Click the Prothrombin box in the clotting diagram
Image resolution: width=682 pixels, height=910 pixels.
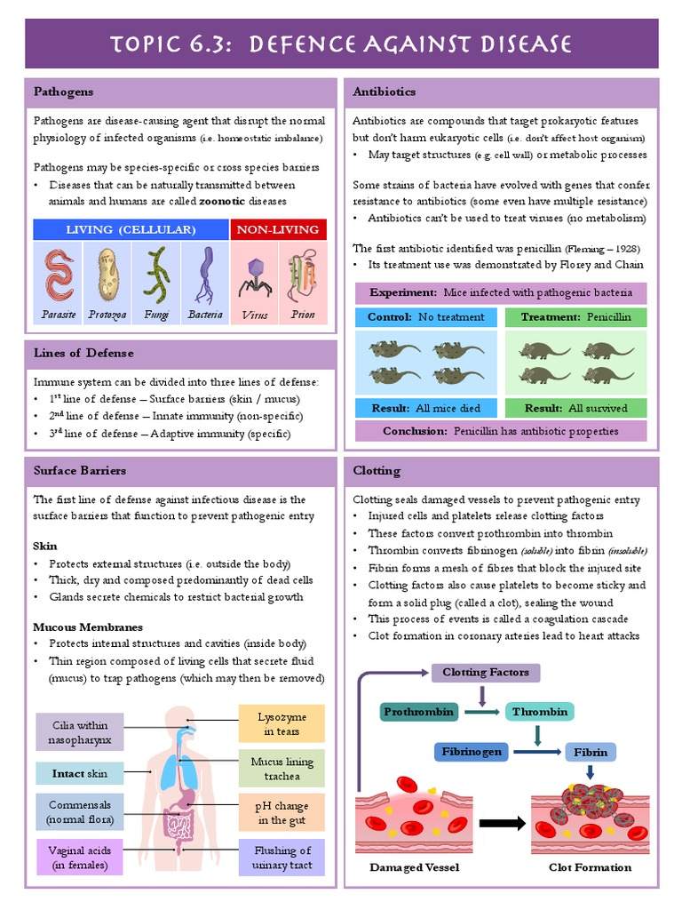[x=419, y=712]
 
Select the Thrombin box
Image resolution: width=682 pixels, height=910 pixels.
[x=539, y=712]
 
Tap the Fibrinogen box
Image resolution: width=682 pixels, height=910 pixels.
[x=472, y=752]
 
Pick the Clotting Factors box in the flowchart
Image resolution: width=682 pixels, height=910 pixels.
[x=486, y=673]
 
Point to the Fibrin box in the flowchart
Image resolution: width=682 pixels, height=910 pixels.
[x=591, y=752]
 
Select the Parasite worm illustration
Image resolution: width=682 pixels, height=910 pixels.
[x=59, y=276]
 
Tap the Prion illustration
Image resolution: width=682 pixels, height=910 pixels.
[x=302, y=276]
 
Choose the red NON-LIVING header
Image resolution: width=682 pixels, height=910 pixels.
[x=278, y=229]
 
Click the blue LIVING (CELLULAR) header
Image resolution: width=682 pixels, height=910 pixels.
[x=131, y=229]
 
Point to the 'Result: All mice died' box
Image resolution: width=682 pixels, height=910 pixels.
[x=426, y=408]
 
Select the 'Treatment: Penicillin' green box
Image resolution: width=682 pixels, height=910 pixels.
[x=575, y=316]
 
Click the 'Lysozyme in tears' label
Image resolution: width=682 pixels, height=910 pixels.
[x=282, y=723]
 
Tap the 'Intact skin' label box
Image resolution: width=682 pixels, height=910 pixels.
[x=80, y=773]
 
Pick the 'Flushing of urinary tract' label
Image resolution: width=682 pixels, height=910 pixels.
[x=282, y=857]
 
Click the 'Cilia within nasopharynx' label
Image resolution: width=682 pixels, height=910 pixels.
[x=80, y=731]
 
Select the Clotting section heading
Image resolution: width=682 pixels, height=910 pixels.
[x=377, y=470]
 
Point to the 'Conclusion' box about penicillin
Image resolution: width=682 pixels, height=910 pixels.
[x=501, y=431]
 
